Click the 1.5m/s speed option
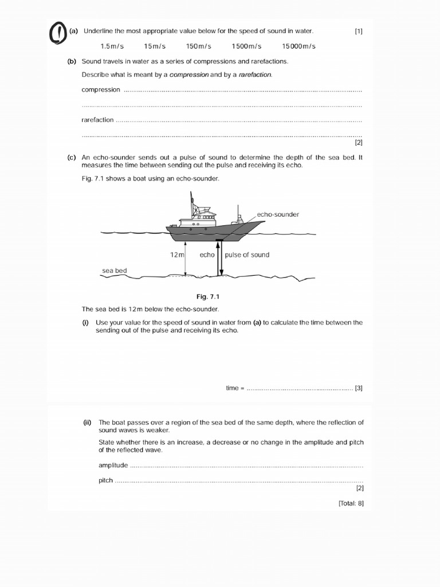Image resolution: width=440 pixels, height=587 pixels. point(112,46)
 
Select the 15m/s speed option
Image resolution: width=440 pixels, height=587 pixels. point(155,46)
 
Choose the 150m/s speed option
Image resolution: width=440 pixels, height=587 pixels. point(199,46)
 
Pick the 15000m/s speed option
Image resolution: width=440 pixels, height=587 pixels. point(298,46)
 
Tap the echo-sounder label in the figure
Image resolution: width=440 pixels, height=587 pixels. point(278,214)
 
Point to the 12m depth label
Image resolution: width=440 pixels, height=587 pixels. point(176,255)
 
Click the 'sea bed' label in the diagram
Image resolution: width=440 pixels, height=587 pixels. point(115,271)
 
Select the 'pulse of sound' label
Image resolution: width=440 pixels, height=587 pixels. point(247,255)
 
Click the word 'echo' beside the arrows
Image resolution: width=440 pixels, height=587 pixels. point(207,255)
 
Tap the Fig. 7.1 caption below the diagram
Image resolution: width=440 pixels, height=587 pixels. point(208,296)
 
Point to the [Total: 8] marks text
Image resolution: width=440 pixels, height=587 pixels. point(351,504)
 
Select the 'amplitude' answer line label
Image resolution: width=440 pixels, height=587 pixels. point(113,465)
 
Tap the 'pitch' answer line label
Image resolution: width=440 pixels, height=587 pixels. point(106,480)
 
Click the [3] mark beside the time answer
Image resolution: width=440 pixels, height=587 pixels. point(359,388)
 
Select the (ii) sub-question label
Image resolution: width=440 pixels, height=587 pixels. point(87,422)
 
